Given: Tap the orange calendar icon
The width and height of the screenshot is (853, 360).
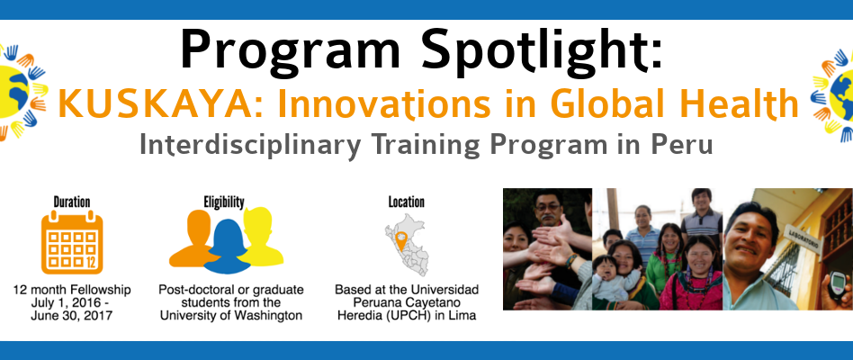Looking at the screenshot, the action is [x=72, y=242].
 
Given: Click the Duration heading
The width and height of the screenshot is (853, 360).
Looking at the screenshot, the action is [x=72, y=202].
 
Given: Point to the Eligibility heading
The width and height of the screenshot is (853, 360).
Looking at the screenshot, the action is [x=224, y=202].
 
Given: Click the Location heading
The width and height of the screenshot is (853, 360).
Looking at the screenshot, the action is [x=407, y=202].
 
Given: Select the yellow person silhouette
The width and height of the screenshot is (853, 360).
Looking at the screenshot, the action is [x=261, y=236].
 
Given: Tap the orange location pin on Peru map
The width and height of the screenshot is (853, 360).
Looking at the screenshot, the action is [x=401, y=239].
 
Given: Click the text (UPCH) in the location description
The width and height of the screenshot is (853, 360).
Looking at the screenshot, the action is [x=415, y=315].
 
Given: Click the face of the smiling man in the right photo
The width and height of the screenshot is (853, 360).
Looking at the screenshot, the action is [x=750, y=236].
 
